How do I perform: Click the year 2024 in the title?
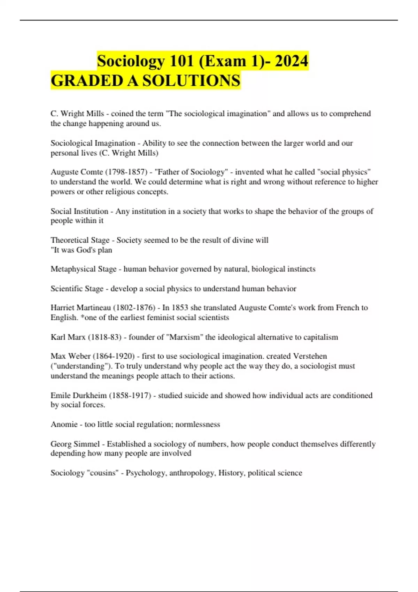click(291, 61)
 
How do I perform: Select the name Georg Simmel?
click(75, 444)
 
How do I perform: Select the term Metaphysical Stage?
click(84, 269)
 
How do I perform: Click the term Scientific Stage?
click(77, 289)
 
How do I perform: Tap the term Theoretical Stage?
click(80, 240)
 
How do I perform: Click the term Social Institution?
click(79, 211)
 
